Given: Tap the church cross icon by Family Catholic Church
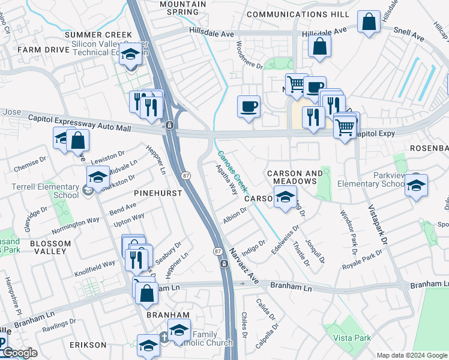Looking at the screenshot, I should pyautogui.click(x=164, y=337).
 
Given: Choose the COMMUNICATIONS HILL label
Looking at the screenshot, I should pyautogui.click(x=298, y=14).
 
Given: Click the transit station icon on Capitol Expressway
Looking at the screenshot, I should pyautogui.click(x=170, y=125).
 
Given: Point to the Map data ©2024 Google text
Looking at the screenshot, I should pyautogui.click(x=411, y=355).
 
